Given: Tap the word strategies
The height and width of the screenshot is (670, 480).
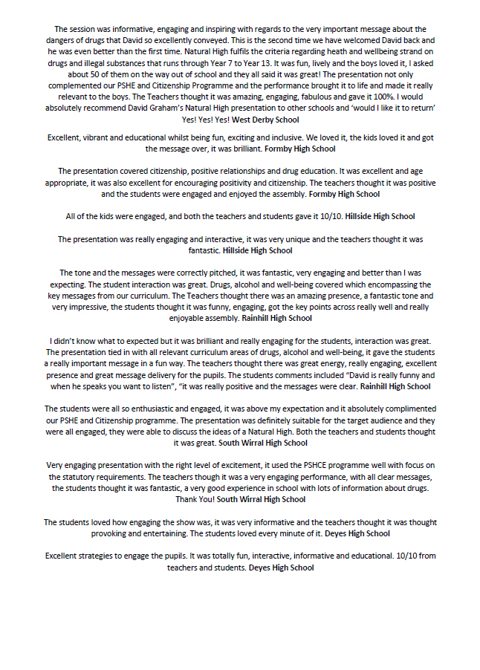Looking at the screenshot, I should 103,556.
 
